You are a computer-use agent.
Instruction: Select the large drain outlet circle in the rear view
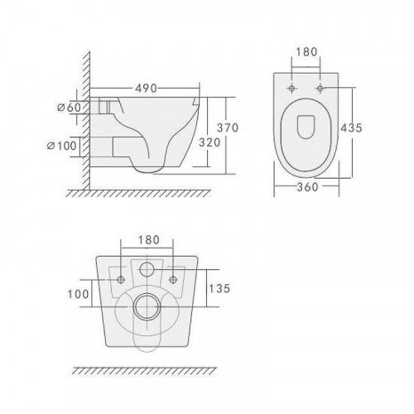tap(149, 305)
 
